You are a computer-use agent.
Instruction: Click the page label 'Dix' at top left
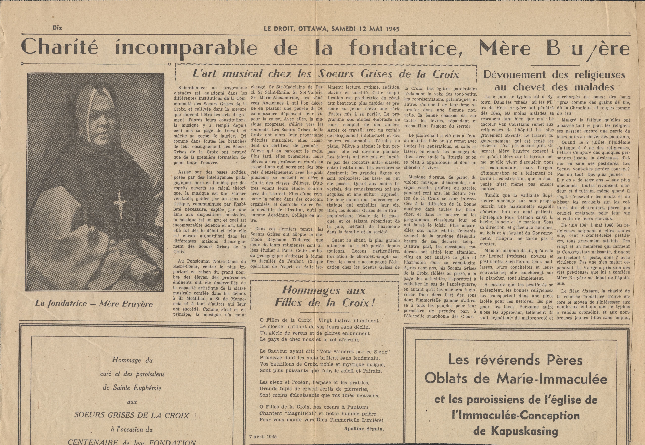coord(57,28)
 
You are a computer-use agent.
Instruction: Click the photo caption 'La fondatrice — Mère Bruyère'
coord(94,304)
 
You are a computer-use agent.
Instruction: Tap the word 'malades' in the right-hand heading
coord(588,87)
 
